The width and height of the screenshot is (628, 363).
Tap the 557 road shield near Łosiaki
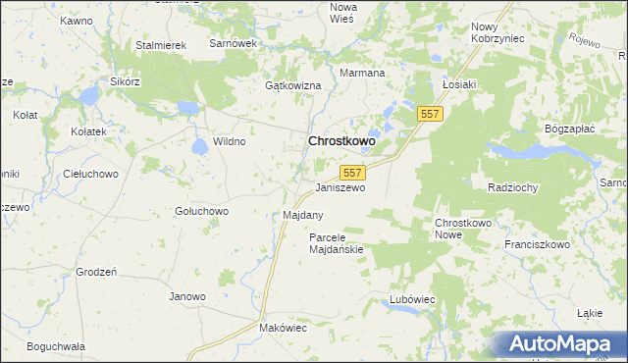coord(430,114)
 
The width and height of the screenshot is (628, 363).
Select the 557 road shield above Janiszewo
coord(354,172)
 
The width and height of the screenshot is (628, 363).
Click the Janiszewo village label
coord(340,187)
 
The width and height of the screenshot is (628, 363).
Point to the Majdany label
coord(303,214)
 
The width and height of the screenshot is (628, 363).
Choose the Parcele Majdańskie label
coord(336,243)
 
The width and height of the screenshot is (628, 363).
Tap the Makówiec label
coord(283,328)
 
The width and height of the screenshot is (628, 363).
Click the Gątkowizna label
coord(293,86)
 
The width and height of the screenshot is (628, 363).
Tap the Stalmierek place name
coord(161,45)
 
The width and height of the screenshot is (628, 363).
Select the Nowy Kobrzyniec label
coord(497,32)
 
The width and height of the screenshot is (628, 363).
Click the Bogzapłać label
coord(570,129)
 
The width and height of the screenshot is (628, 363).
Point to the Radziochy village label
coord(513,186)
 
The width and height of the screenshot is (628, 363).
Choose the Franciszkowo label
coord(537,244)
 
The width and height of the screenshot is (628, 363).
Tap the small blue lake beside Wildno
coord(200,146)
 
